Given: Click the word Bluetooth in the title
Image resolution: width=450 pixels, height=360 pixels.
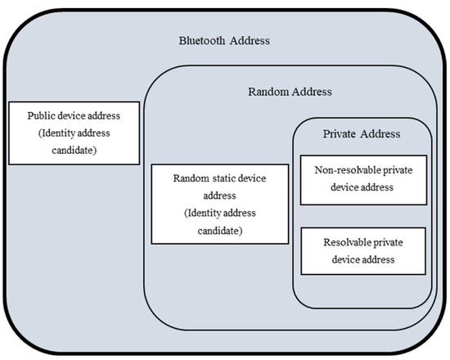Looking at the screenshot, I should [x=203, y=41].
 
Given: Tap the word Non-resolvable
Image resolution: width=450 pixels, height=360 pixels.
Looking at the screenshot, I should [x=343, y=171].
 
